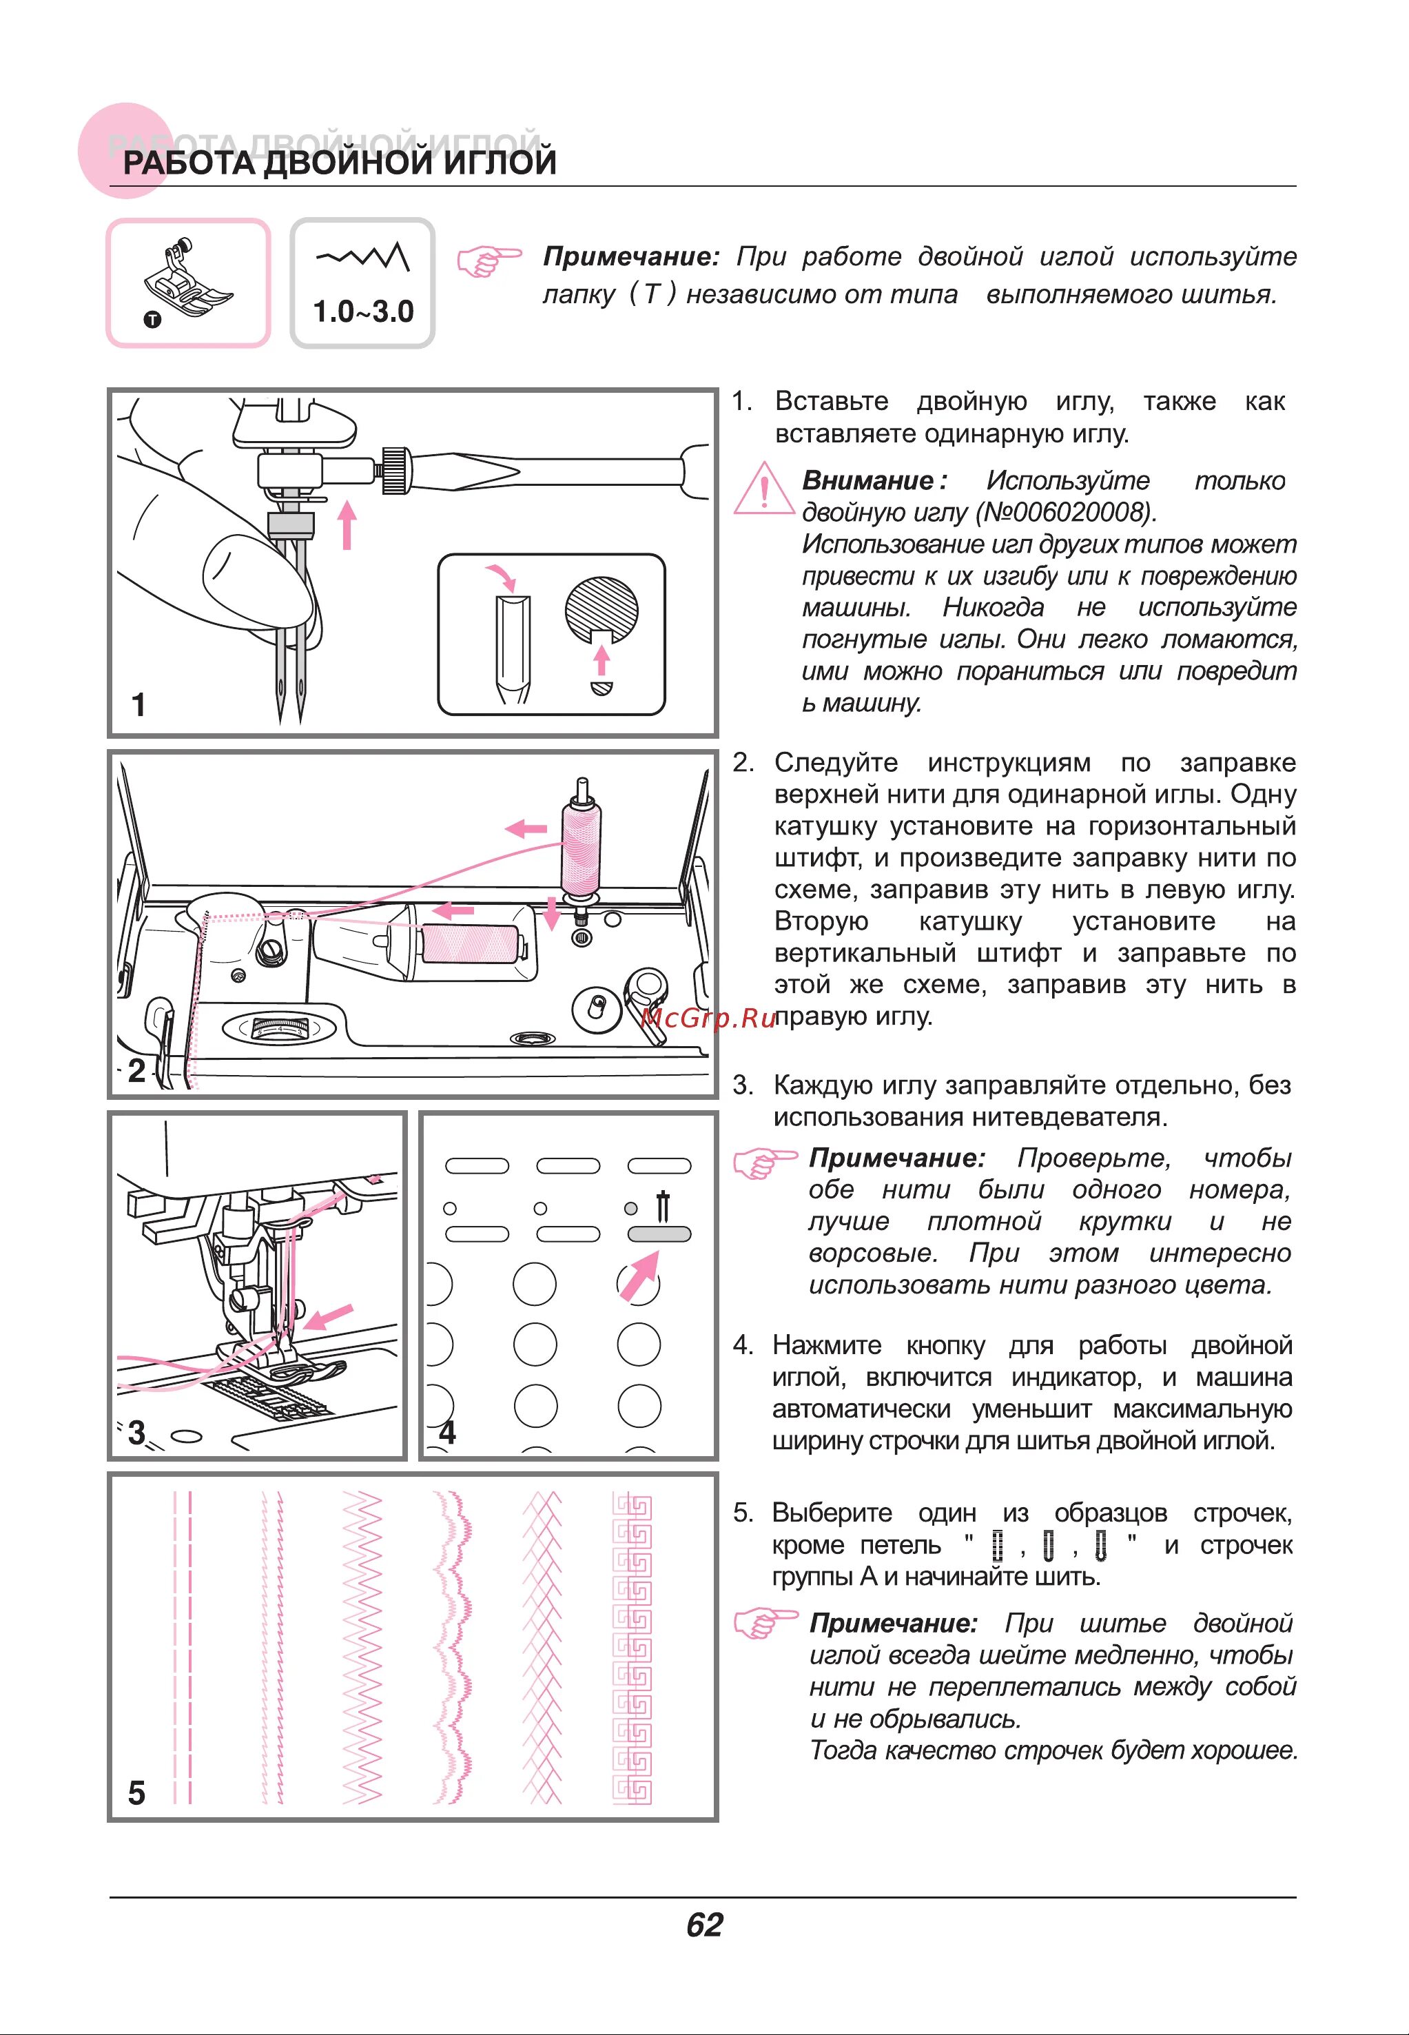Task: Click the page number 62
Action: (x=704, y=1925)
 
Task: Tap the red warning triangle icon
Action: (x=763, y=489)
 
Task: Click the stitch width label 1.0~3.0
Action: (x=363, y=311)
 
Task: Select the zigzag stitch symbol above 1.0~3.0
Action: (x=363, y=257)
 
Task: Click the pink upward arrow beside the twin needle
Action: (x=348, y=524)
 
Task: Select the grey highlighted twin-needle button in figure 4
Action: (x=659, y=1234)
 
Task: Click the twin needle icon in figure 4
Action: (x=662, y=1207)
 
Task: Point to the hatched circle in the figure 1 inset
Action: (x=601, y=609)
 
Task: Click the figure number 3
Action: (x=137, y=1432)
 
